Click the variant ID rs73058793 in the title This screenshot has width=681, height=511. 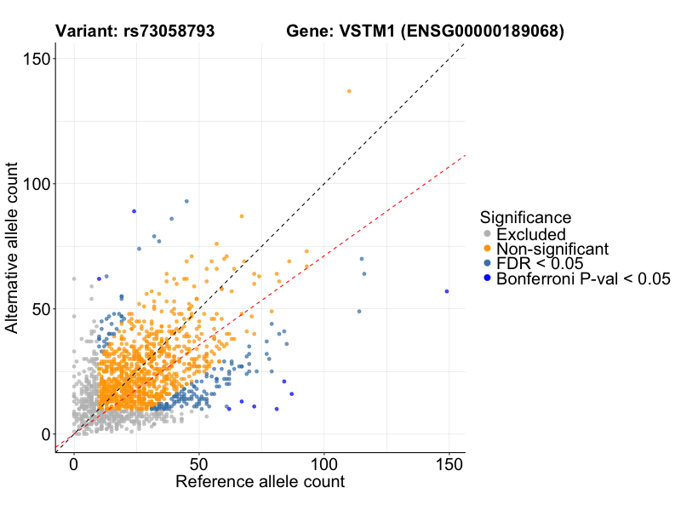pos(175,32)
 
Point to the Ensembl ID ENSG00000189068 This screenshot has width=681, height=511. pos(484,32)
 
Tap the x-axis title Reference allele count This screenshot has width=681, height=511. pos(260,482)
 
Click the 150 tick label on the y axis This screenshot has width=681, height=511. pos(37,58)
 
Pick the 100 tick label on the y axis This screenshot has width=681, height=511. pos(37,184)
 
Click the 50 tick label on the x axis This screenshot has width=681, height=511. pos(199,465)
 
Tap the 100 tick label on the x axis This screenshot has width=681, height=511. pos(324,465)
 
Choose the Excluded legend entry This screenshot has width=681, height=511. pos(530,234)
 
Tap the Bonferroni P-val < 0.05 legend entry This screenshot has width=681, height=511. pos(583,278)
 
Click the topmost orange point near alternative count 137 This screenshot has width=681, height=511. pos(349,91)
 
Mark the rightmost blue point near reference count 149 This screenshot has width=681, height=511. pos(447,291)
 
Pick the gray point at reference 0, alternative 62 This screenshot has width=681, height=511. pos(74,278)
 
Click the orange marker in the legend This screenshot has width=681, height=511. pos(487,249)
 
